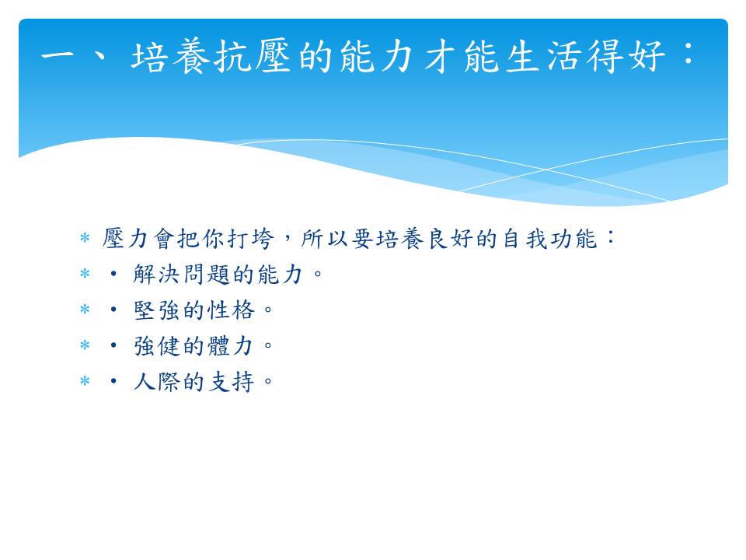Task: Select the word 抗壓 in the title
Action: (252, 56)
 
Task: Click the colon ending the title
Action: (688, 54)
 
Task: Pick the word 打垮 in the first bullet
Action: (251, 238)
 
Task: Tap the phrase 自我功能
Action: (549, 238)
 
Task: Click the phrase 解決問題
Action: (181, 275)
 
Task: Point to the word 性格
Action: (232, 310)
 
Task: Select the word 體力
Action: (232, 346)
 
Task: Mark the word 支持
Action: (232, 382)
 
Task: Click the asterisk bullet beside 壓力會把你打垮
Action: (85, 237)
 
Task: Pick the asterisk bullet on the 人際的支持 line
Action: (85, 381)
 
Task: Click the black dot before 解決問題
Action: (113, 274)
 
